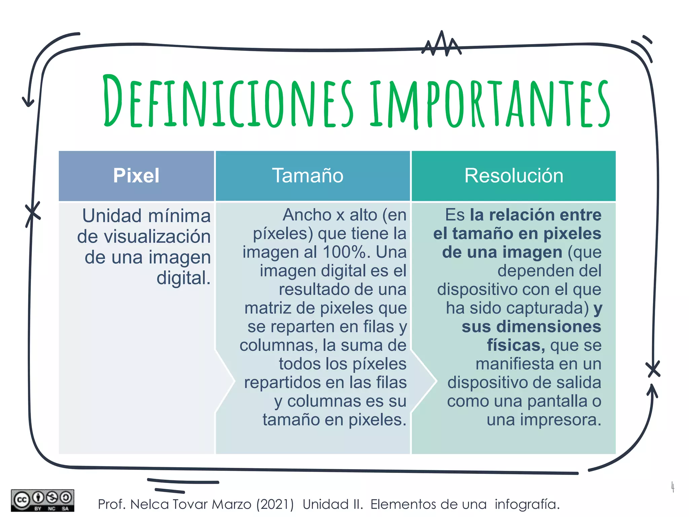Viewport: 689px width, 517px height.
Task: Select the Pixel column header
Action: tap(136, 176)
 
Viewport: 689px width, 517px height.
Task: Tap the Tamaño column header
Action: tap(308, 176)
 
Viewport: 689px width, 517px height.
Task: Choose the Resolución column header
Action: tap(514, 176)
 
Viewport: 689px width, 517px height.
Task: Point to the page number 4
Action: tap(673, 487)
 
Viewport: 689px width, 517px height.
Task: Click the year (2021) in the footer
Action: tap(275, 504)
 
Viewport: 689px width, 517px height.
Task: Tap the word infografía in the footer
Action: tap(527, 504)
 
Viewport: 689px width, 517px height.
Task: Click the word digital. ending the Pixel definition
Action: tap(184, 278)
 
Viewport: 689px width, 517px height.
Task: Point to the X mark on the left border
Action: tap(33, 213)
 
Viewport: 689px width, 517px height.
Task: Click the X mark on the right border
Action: tap(653, 369)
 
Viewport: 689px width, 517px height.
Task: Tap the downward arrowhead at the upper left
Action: tap(28, 102)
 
